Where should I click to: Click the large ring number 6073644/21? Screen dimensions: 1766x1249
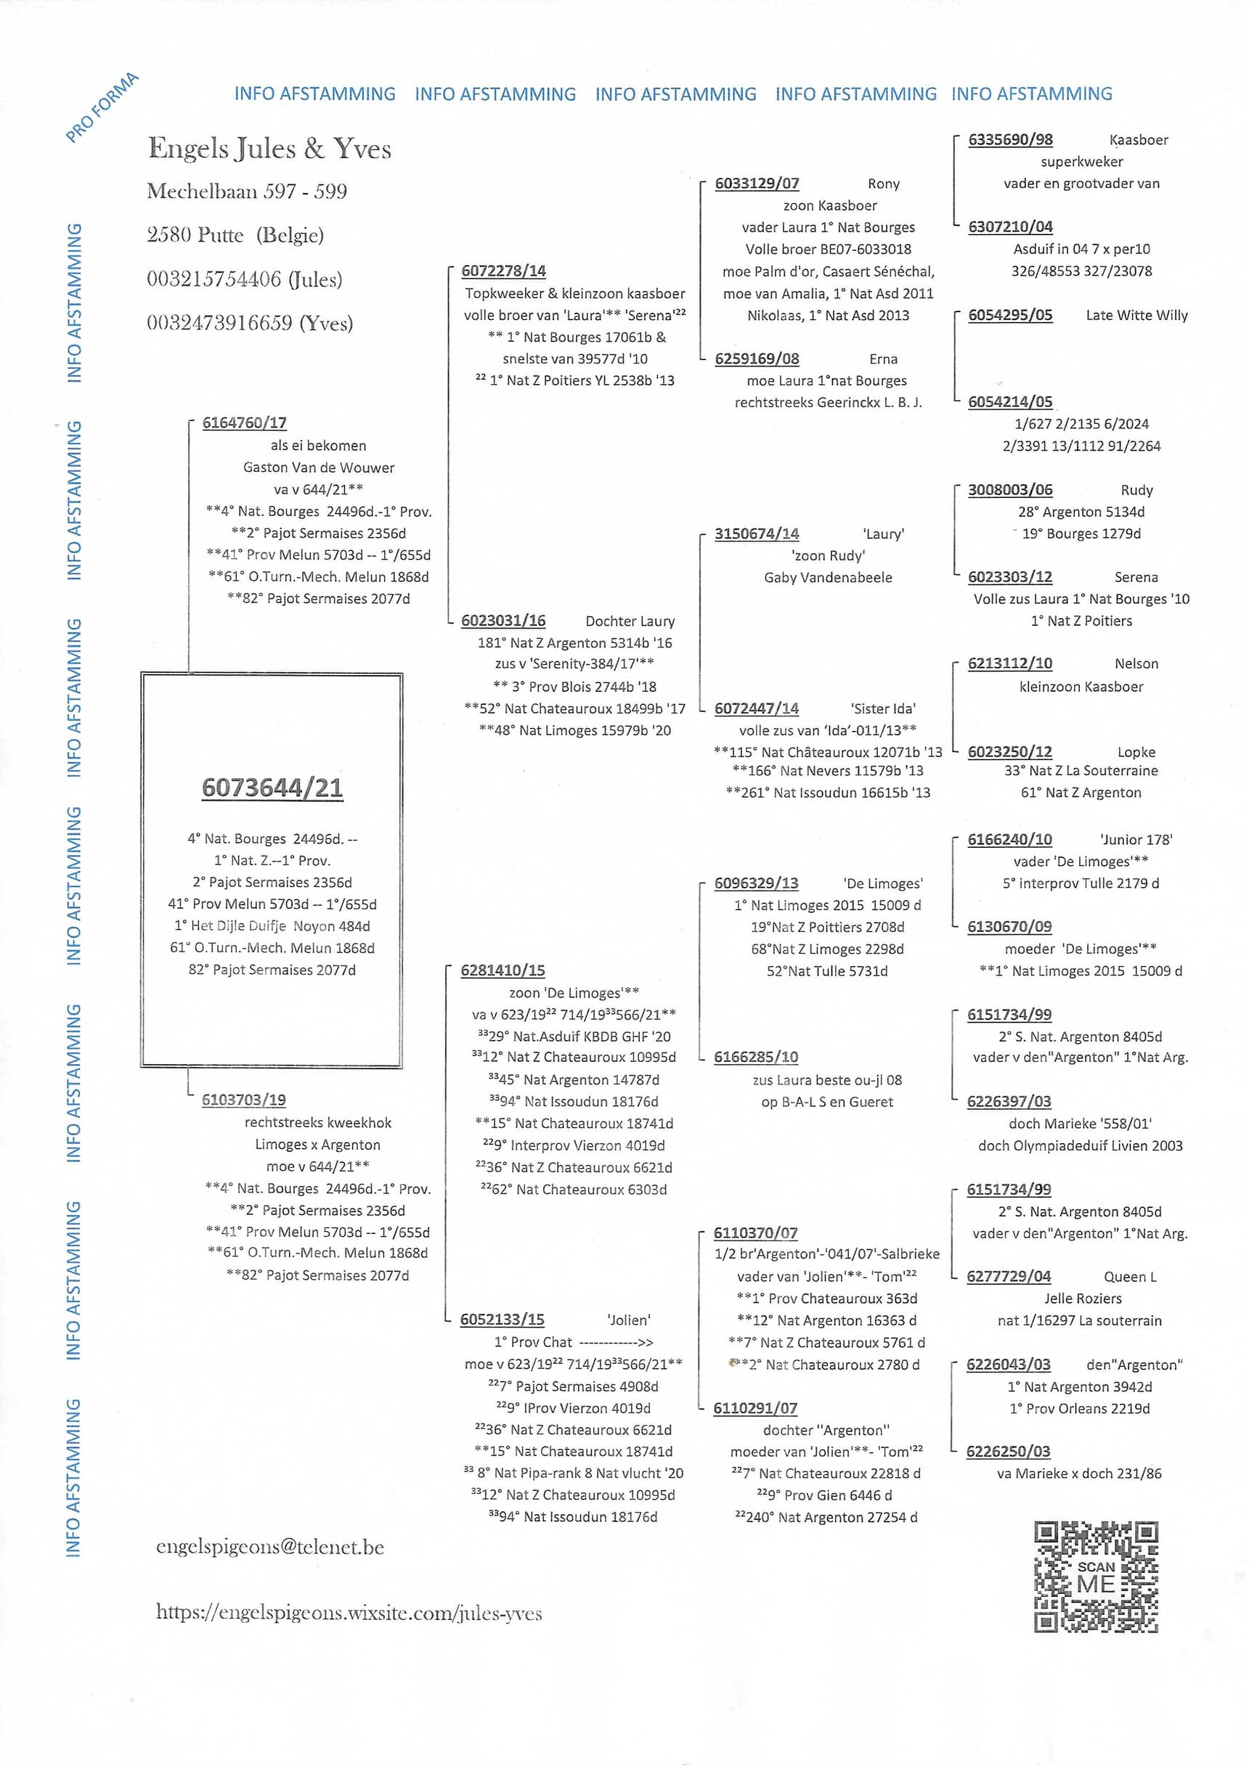click(x=272, y=788)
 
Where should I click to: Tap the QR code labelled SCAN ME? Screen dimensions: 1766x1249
click(x=1096, y=1577)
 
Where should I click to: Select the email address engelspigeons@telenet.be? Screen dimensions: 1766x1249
click(x=269, y=1547)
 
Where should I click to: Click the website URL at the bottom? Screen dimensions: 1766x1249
click(x=349, y=1612)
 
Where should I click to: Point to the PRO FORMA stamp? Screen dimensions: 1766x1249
click(x=102, y=107)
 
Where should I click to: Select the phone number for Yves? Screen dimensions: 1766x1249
click(x=249, y=323)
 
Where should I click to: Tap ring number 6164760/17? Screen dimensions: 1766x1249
click(x=244, y=423)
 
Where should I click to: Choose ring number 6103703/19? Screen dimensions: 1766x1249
click(x=243, y=1100)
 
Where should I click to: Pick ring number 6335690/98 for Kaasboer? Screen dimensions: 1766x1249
click(x=1009, y=139)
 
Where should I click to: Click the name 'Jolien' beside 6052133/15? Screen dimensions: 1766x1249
click(x=629, y=1320)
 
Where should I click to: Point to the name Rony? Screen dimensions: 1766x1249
click(x=883, y=184)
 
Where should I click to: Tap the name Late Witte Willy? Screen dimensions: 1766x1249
click(x=1136, y=315)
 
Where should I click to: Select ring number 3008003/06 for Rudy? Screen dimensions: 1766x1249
click(x=1009, y=490)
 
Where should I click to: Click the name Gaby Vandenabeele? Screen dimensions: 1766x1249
click(x=827, y=578)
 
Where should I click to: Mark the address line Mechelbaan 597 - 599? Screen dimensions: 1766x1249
click(x=246, y=191)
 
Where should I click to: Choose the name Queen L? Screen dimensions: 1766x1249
click(x=1130, y=1277)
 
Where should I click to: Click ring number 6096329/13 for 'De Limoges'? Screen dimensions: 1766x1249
click(x=756, y=884)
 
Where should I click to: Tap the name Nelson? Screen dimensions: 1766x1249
click(x=1136, y=663)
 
